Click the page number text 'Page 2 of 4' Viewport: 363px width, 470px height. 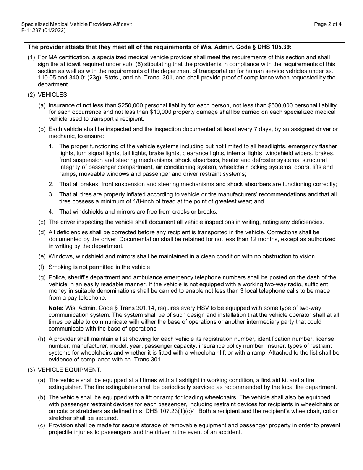pyautogui.click(x=327, y=24)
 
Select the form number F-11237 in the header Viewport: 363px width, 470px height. pyautogui.click(x=32, y=30)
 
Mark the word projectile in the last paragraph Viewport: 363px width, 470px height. pyautogui.click(x=62, y=432)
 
